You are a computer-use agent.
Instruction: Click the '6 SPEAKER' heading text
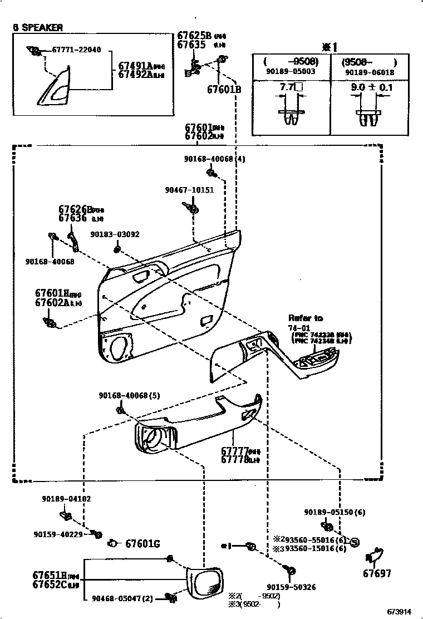pyautogui.click(x=38, y=27)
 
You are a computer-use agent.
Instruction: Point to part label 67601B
pyautogui.click(x=224, y=89)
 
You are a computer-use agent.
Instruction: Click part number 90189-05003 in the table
pyautogui.click(x=291, y=72)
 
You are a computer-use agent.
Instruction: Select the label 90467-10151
pyautogui.click(x=189, y=190)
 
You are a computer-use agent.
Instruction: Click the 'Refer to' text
pyautogui.click(x=305, y=318)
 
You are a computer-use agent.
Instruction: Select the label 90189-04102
pyautogui.click(x=66, y=499)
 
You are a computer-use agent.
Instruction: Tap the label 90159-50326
pyautogui.click(x=291, y=587)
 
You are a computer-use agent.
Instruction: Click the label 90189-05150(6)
pyautogui.click(x=335, y=512)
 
